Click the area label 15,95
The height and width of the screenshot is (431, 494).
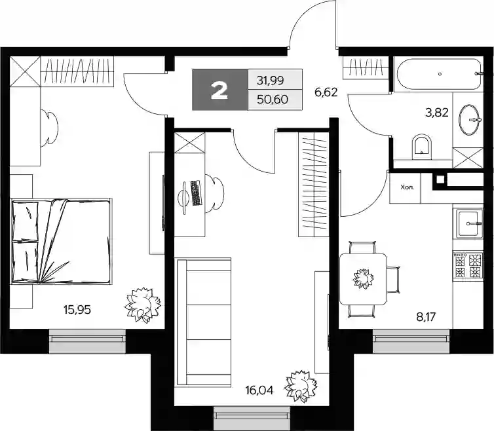[77, 310]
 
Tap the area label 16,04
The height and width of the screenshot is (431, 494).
[259, 391]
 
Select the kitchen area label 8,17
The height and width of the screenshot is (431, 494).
[426, 317]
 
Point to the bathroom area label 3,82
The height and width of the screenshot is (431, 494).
[436, 113]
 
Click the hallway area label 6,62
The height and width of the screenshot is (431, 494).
[326, 92]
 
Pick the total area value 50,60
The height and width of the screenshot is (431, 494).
[272, 100]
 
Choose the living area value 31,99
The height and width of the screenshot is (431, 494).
[271, 81]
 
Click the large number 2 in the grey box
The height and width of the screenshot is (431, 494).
[219, 91]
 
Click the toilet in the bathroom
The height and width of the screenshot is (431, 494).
[421, 146]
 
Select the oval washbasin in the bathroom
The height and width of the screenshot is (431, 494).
[469, 120]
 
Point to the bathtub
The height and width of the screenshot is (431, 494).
[439, 75]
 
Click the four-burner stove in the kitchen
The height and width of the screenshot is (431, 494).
[468, 266]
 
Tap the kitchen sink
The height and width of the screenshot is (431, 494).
[469, 223]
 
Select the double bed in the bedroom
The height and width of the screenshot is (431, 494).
[62, 241]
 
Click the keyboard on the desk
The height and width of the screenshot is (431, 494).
[196, 193]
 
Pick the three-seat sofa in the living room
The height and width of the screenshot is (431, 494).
[204, 322]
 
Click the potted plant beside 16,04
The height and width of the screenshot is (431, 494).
[301, 386]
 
